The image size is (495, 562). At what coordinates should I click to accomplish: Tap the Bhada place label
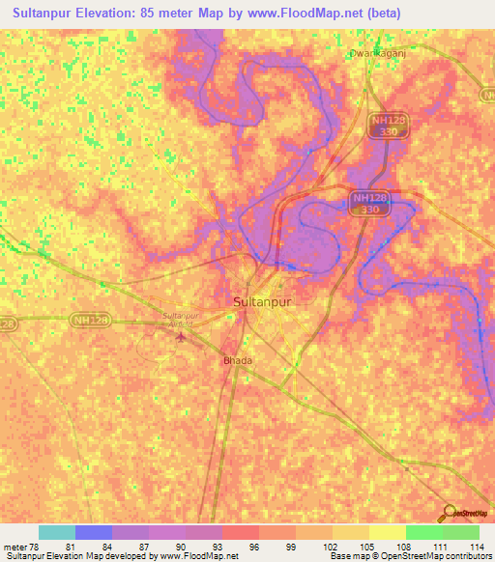tap(238, 360)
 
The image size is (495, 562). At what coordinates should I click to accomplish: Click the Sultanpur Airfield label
tap(185, 321)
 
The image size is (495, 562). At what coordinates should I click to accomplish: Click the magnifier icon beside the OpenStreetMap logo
tap(448, 514)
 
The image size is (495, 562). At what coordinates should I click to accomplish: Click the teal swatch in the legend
tap(56, 532)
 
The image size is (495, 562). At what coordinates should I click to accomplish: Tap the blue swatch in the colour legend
tap(93, 532)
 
